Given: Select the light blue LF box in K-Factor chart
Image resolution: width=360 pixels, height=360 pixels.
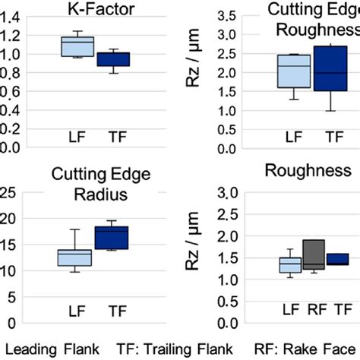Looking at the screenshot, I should [77, 46].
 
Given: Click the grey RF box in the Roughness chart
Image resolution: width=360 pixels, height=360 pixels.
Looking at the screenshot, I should [313, 254].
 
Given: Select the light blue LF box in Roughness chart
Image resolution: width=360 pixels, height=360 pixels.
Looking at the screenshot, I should [289, 264].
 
